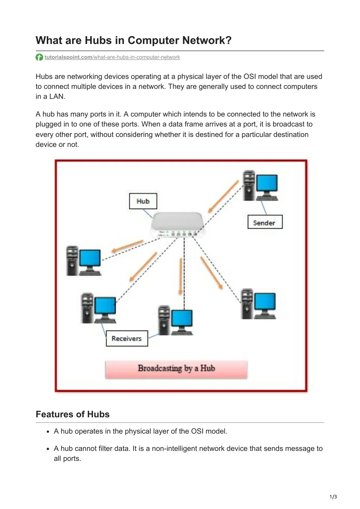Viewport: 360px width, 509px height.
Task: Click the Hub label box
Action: (x=143, y=201)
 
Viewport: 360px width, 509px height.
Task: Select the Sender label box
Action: (x=265, y=222)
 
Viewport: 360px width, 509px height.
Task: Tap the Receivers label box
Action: (x=127, y=338)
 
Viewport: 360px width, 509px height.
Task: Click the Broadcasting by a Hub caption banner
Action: (x=176, y=369)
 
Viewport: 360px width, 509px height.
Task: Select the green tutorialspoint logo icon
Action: (x=39, y=57)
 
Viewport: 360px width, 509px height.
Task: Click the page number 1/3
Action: (x=333, y=497)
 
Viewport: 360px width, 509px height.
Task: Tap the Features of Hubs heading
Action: (x=72, y=414)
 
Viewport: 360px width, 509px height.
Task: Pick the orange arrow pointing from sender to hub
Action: (x=223, y=196)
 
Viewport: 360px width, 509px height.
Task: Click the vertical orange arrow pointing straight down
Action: (x=181, y=277)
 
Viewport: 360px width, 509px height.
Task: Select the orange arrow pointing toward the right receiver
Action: (x=212, y=273)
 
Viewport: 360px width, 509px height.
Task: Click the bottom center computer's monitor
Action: (x=182, y=319)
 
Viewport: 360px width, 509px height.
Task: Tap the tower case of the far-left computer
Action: (x=72, y=261)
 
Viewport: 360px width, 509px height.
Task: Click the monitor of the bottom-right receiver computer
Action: (x=265, y=302)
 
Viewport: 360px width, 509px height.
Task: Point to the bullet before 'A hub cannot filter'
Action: (x=48, y=449)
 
